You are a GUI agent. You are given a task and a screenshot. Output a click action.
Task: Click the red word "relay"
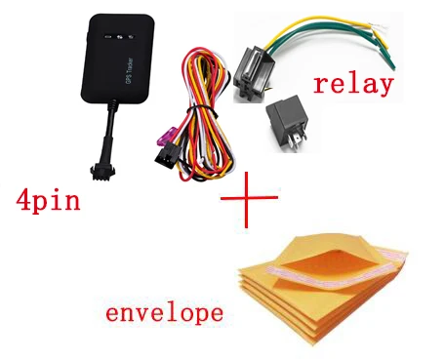[x=353, y=85]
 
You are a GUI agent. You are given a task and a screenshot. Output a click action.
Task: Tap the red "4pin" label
[x=48, y=201]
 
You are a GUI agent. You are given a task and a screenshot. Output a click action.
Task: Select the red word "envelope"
[x=165, y=313]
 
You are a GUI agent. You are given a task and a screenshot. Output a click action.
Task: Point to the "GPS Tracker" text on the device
[x=129, y=72]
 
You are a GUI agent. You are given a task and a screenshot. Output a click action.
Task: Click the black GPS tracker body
[x=118, y=59]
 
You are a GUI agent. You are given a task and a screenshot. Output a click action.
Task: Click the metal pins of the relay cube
[x=297, y=140]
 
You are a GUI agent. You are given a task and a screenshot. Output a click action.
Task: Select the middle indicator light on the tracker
[x=119, y=37]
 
